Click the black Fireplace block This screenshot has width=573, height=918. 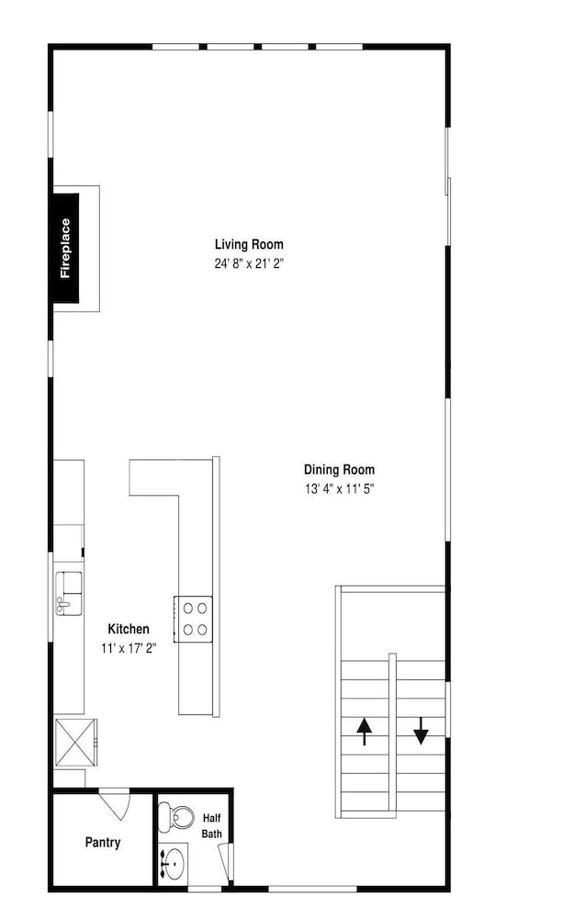[x=66, y=248]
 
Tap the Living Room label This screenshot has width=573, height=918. [x=249, y=244]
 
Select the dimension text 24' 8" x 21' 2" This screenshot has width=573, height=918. [x=249, y=263]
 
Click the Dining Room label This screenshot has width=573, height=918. [x=339, y=469]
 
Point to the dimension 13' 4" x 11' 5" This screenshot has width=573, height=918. [x=339, y=488]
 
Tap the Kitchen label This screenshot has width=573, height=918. [x=129, y=629]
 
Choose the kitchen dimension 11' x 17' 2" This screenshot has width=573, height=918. [x=129, y=648]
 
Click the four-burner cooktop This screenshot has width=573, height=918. [x=194, y=619]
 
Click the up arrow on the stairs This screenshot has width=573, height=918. [x=365, y=732]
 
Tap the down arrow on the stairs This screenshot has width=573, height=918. [x=421, y=732]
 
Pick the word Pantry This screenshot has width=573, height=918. [x=103, y=843]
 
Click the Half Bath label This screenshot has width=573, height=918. [x=211, y=825]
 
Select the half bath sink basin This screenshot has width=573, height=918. [x=174, y=861]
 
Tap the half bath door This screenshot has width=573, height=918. [x=225, y=860]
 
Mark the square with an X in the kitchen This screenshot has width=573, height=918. [x=75, y=743]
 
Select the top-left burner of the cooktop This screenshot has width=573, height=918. [x=188, y=609]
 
